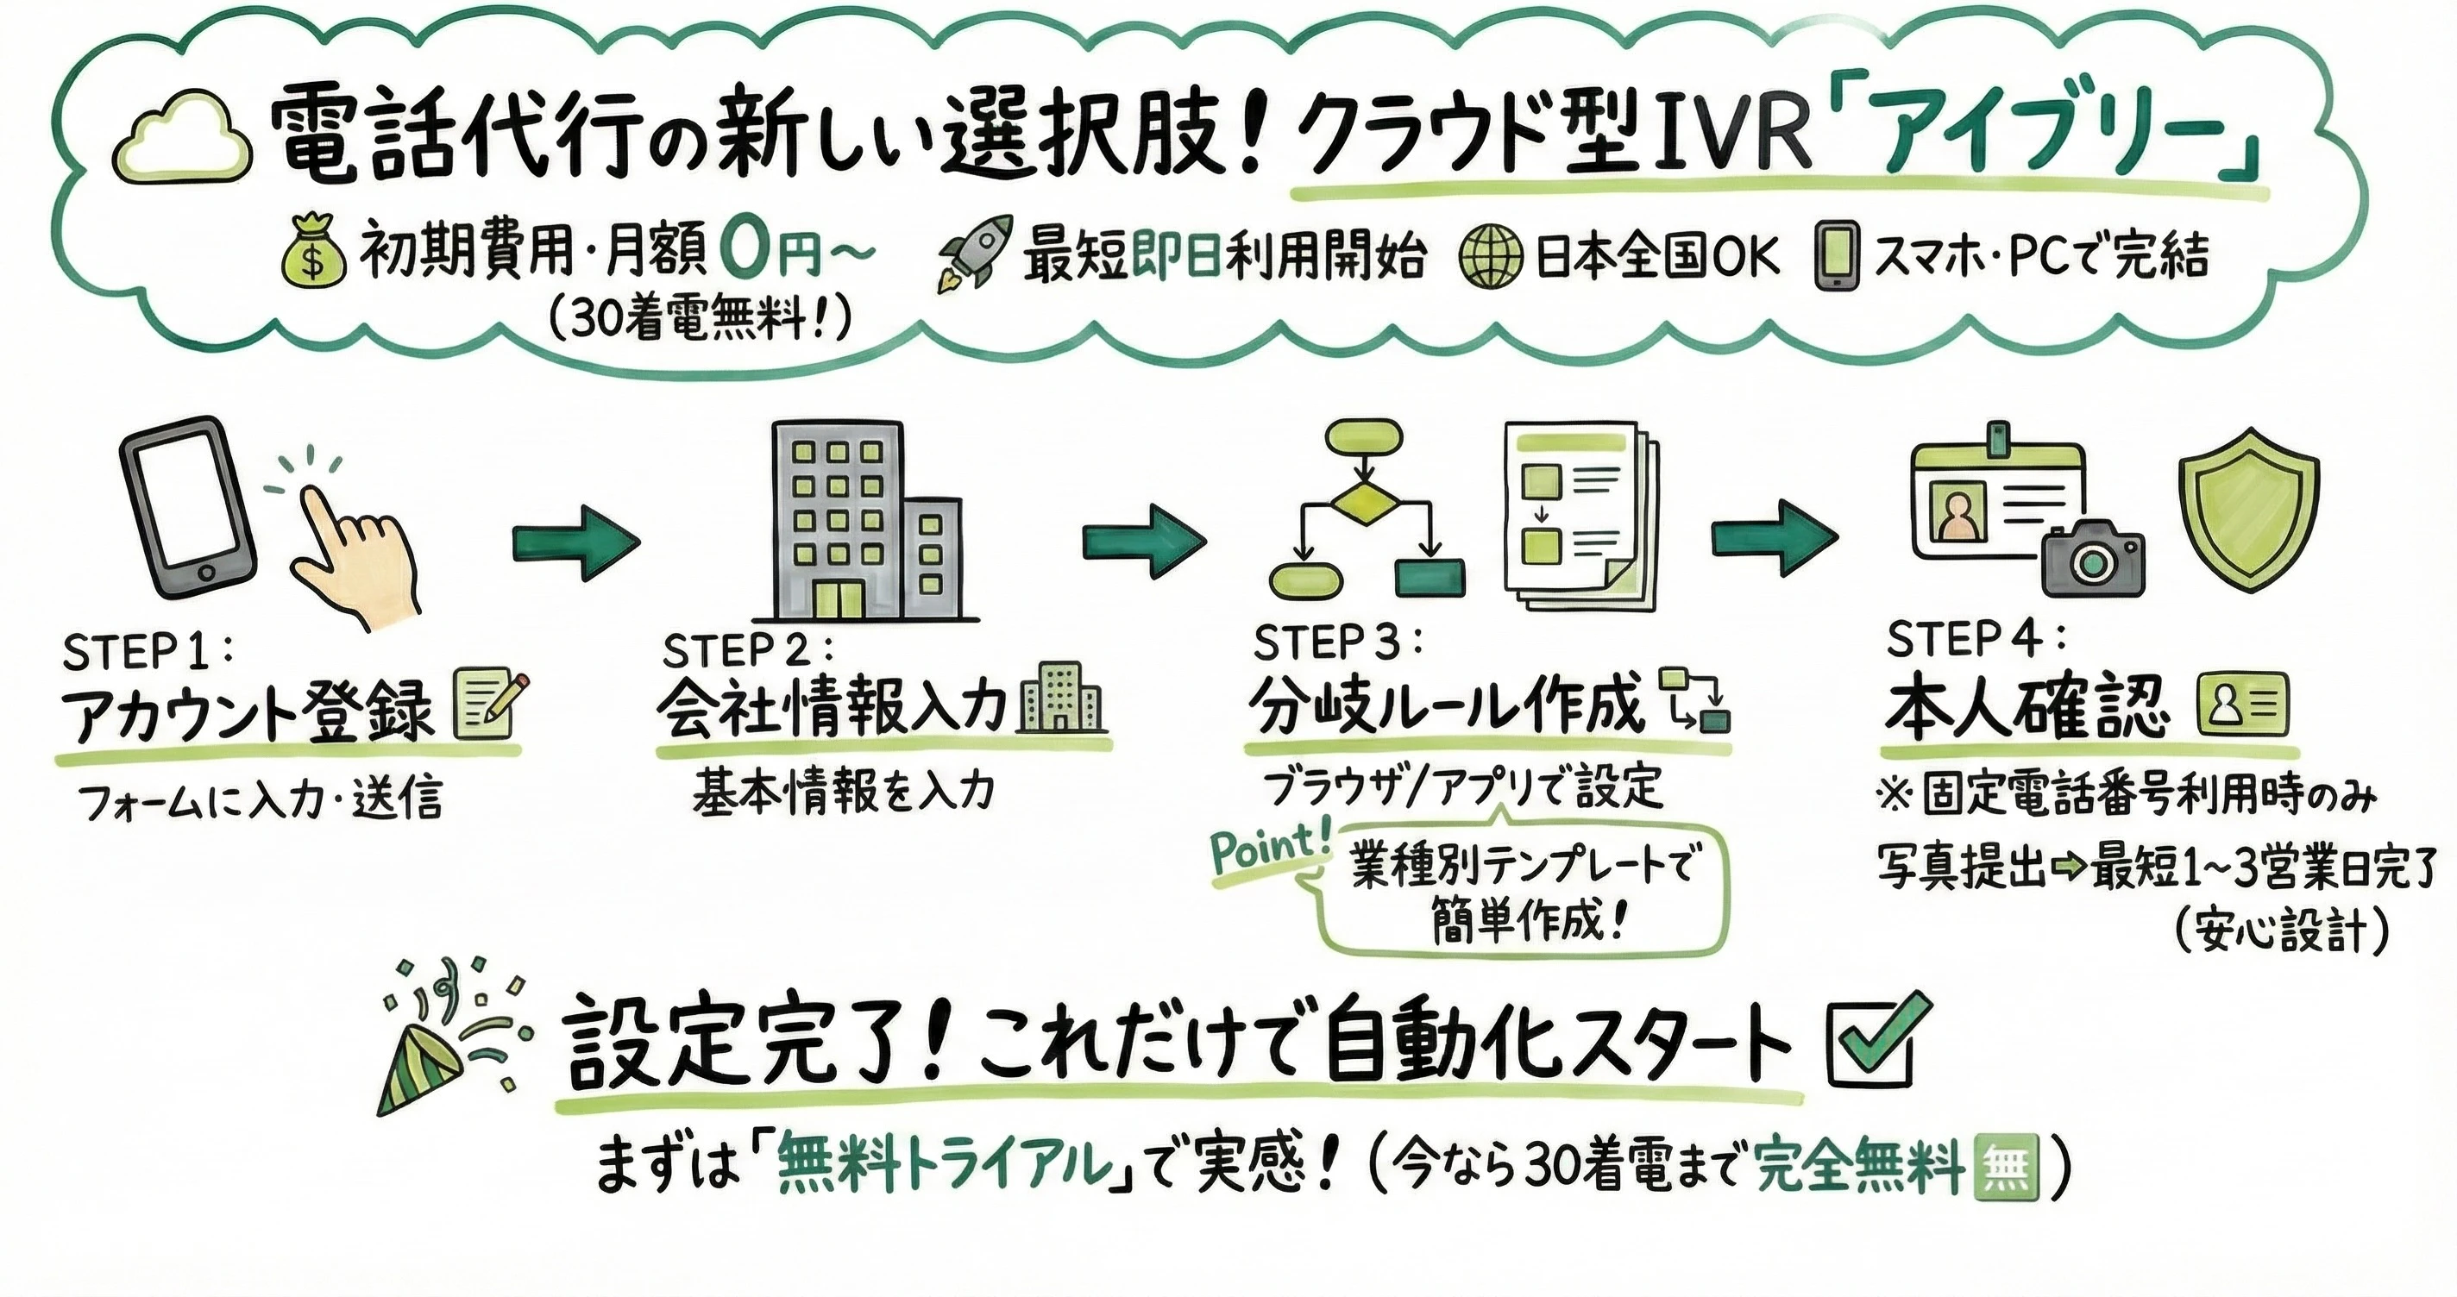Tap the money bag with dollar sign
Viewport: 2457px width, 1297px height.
coord(313,250)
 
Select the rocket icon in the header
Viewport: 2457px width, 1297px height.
coord(975,251)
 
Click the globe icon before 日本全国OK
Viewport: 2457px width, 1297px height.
coord(1491,255)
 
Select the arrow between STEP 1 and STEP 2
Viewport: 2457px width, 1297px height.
coord(576,542)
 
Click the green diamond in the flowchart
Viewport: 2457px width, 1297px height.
coord(1365,503)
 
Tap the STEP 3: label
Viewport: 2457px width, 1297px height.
coord(1336,643)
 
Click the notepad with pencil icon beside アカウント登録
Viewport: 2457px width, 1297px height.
coord(490,704)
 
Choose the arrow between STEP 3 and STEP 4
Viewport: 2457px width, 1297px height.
coord(1773,539)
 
